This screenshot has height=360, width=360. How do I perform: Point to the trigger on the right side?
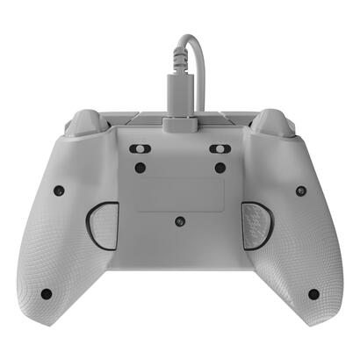coord(274,120)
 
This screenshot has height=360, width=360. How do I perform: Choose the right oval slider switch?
coord(220,149)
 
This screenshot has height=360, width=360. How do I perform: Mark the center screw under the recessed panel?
coord(179,221)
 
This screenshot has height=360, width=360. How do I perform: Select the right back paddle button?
coord(256,226)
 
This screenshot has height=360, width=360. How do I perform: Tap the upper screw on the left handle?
coord(58,191)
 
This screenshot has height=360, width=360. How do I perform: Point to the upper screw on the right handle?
coord(300,191)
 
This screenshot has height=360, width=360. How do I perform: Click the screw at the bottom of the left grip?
coord(46,293)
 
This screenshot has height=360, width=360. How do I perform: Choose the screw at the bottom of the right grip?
coord(313,293)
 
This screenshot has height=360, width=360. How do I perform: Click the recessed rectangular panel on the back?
coord(179,194)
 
